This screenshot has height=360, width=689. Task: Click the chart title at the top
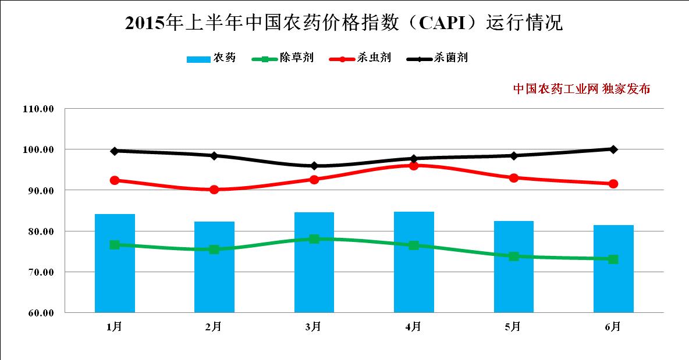pos(344,23)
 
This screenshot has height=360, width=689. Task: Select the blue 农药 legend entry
pos(211,58)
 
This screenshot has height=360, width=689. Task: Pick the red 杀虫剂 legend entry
pos(360,58)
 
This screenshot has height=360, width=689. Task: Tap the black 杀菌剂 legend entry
pos(437,58)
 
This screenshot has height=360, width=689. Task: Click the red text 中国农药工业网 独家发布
pos(581,89)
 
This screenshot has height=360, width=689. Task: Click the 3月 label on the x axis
pos(314,327)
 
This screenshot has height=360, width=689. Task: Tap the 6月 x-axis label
pos(613,327)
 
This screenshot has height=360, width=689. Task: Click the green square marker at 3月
pos(314,238)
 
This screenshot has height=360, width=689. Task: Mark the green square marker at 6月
pos(613,259)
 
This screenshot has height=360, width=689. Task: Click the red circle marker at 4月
pos(414,166)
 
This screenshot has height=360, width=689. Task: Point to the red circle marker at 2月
pos(214,190)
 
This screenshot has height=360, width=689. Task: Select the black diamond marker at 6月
pos(613,149)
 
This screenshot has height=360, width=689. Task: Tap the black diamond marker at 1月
pos(115,151)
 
